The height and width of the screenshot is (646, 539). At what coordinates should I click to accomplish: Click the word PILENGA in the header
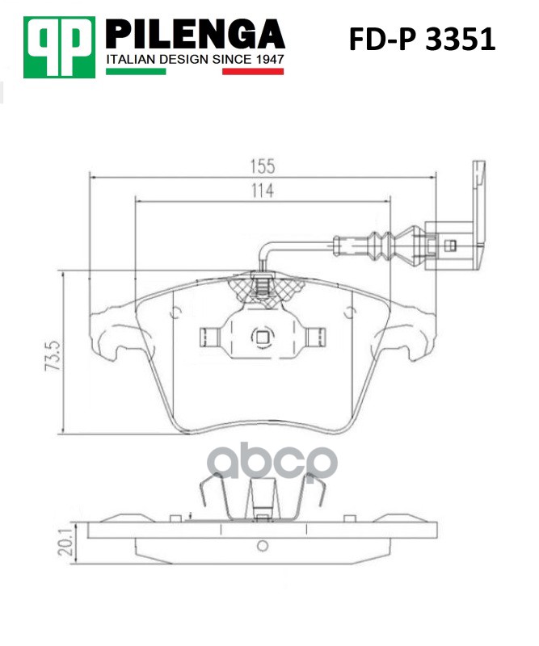pos(196,35)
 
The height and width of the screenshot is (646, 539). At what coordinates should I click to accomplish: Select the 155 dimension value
pos(262,166)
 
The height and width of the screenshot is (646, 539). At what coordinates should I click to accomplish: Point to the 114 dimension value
pos(261,191)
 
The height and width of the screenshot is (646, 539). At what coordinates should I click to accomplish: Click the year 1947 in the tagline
pos(266,61)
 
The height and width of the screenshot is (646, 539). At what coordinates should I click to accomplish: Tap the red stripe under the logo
pos(253,72)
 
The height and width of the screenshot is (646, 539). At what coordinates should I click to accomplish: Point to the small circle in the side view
pos(261,546)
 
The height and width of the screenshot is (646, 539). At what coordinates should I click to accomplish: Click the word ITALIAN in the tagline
pos(129,61)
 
